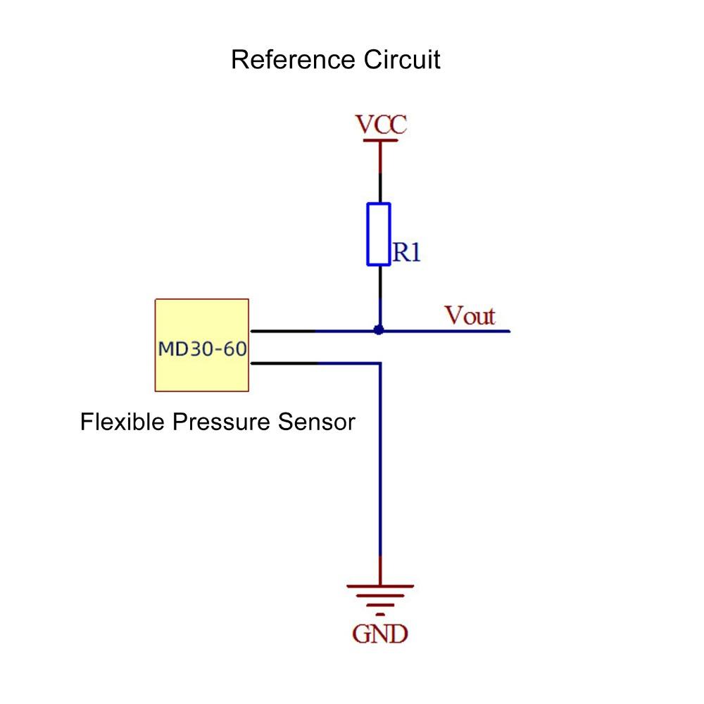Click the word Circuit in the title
pyautogui.click(x=402, y=60)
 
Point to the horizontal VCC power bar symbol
pyautogui.click(x=380, y=141)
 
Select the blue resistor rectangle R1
pyautogui.click(x=379, y=234)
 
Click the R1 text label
pyautogui.click(x=406, y=253)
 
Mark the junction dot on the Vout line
pyautogui.click(x=379, y=329)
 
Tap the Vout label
pyautogui.click(x=470, y=316)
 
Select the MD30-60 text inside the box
pyautogui.click(x=202, y=348)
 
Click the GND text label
pyautogui.click(x=380, y=634)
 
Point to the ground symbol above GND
pyautogui.click(x=380, y=597)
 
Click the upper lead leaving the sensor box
pyautogui.click(x=282, y=330)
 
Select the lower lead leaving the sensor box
pyautogui.click(x=282, y=363)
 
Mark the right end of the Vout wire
pyautogui.click(x=507, y=330)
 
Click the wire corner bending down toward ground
pyautogui.click(x=380, y=364)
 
